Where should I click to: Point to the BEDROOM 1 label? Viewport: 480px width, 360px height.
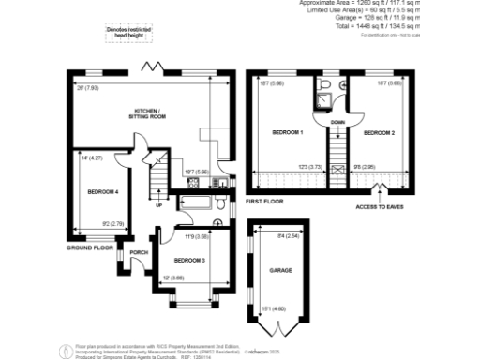(288, 133)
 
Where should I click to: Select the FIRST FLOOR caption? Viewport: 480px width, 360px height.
(263, 201)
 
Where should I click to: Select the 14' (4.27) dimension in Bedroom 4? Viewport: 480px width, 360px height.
(91, 160)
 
